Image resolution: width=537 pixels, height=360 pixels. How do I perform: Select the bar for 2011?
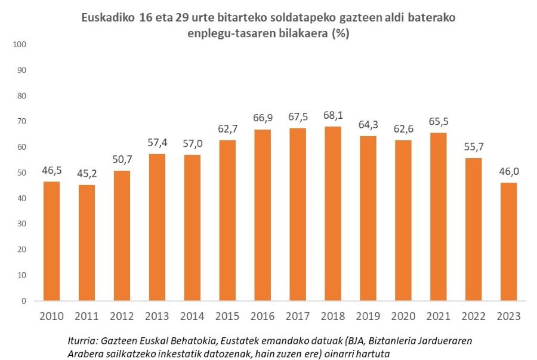tap(86, 242)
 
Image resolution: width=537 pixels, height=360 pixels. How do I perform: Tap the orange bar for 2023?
tap(509, 241)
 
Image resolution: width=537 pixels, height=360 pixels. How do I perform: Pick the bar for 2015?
tap(227, 220)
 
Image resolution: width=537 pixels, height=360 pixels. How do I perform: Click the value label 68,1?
tap(333, 115)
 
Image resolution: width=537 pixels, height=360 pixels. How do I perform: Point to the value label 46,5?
tap(51, 171)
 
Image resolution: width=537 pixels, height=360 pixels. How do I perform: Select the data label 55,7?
tap(474, 147)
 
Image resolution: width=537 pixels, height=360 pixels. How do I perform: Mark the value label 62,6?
tap(403, 130)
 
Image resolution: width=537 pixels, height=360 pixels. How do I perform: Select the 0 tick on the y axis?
tap(25, 301)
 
